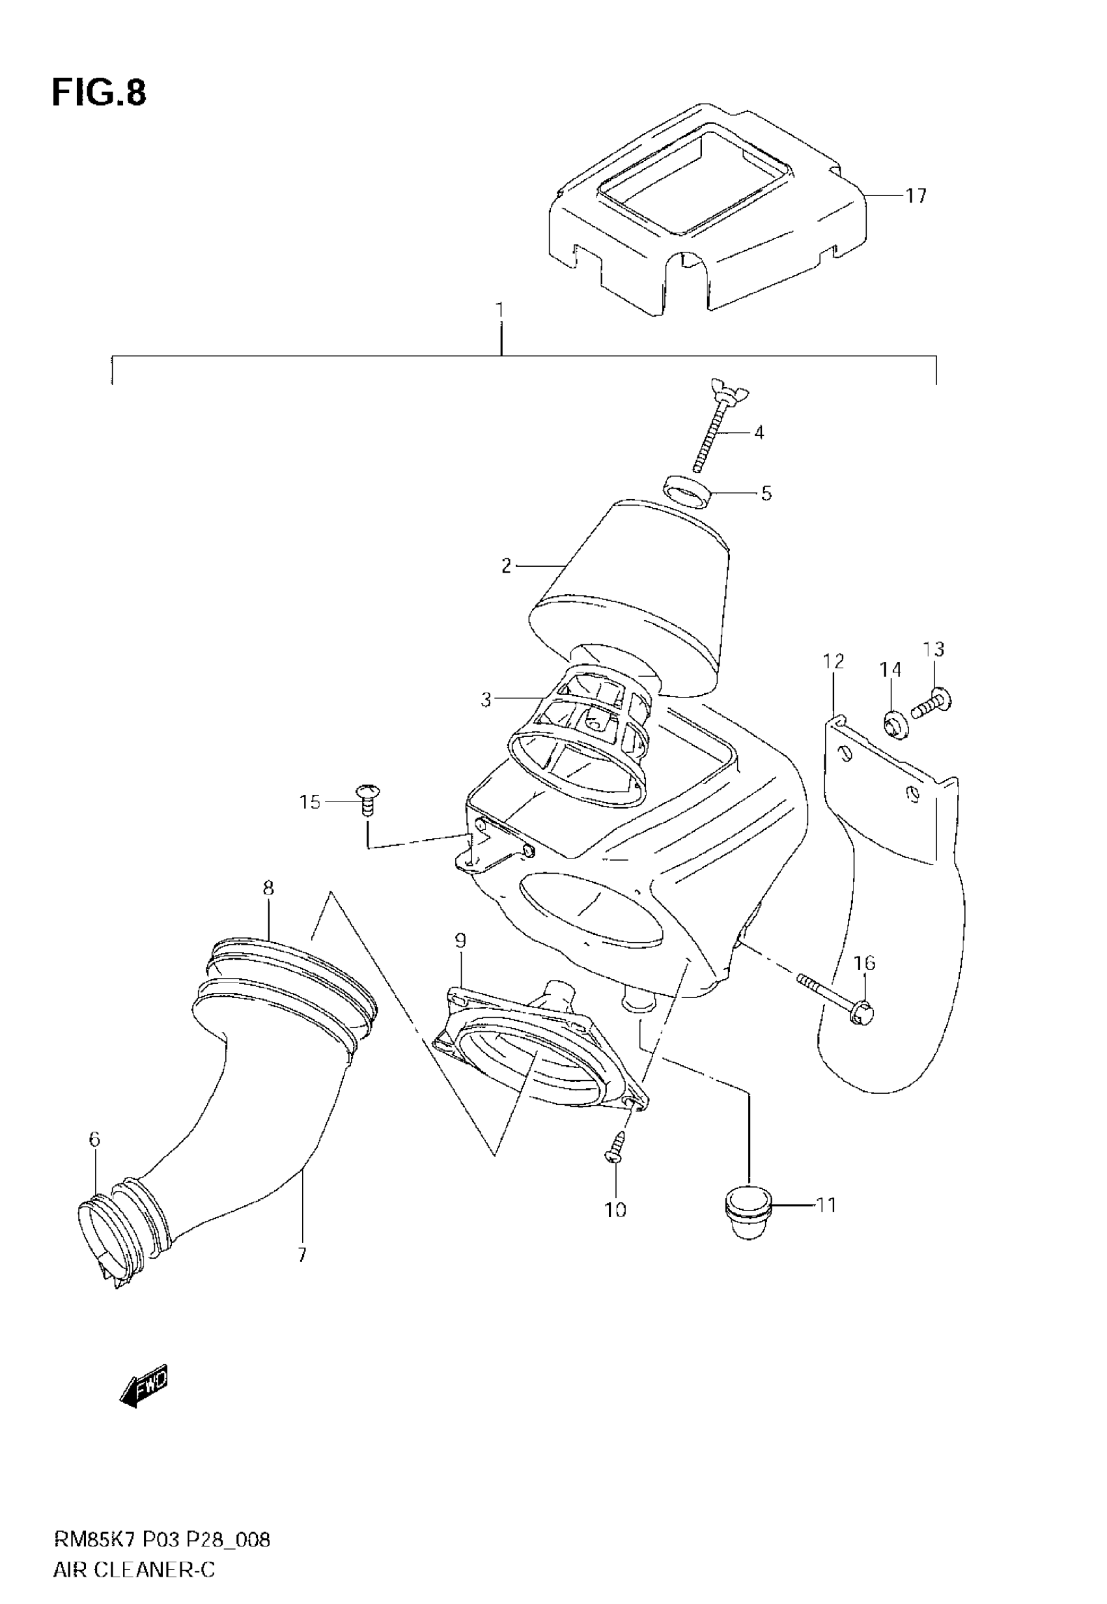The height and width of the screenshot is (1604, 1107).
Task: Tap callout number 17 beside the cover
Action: tap(916, 196)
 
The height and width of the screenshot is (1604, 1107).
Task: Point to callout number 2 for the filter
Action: tap(507, 566)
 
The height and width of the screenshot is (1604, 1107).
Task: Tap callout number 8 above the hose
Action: tap(268, 888)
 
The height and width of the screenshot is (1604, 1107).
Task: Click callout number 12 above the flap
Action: tap(834, 661)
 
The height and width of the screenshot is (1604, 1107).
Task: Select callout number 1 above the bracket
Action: tap(500, 310)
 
